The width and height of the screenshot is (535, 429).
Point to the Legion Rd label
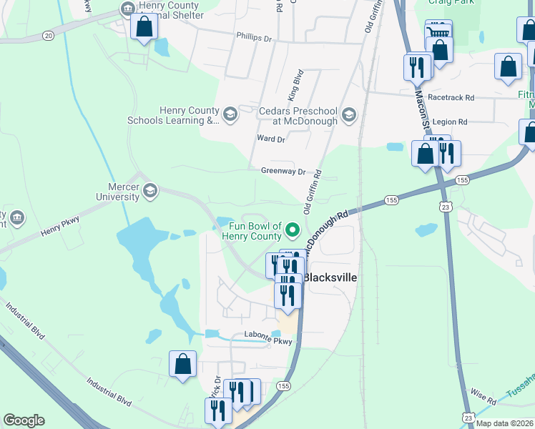click(451, 122)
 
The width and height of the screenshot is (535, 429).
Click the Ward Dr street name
click(271, 139)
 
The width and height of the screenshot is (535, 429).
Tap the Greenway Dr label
click(283, 172)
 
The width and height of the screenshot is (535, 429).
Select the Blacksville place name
click(330, 277)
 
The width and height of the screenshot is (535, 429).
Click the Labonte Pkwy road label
click(255, 341)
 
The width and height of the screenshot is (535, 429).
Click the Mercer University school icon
click(150, 190)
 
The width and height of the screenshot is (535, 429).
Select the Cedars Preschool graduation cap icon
click(348, 114)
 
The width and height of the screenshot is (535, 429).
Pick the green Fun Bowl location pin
click(292, 230)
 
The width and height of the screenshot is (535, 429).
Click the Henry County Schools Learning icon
click(230, 114)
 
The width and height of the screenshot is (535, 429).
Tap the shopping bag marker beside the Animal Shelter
click(144, 28)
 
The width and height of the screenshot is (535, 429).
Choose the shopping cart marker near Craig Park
click(438, 31)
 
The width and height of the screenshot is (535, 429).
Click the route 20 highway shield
click(48, 35)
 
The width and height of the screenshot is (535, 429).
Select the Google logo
click(24, 420)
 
